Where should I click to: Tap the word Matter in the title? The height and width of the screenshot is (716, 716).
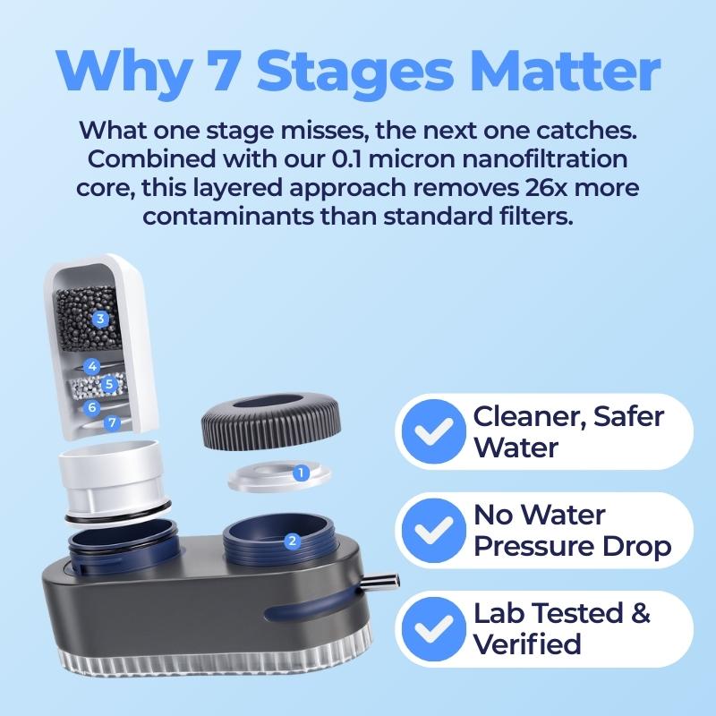click(x=566, y=71)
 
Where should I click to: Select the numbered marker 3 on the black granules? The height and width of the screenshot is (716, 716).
click(x=100, y=319)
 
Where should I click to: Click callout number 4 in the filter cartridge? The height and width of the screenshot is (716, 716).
click(x=92, y=366)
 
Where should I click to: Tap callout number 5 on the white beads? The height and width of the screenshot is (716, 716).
click(x=108, y=384)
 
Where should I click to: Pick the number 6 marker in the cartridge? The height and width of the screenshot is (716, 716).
click(x=92, y=406)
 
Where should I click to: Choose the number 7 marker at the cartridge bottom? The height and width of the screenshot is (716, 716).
click(x=113, y=422)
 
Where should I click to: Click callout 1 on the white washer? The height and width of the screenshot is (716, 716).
click(x=300, y=473)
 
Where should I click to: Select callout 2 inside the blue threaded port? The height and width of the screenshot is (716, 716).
click(x=292, y=541)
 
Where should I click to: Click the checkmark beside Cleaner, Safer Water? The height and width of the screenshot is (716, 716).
click(x=434, y=431)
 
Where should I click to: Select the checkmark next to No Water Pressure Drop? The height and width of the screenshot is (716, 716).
click(x=434, y=530)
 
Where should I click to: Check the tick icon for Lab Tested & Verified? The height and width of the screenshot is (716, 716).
click(x=434, y=629)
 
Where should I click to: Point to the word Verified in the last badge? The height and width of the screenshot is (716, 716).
click(x=527, y=644)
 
